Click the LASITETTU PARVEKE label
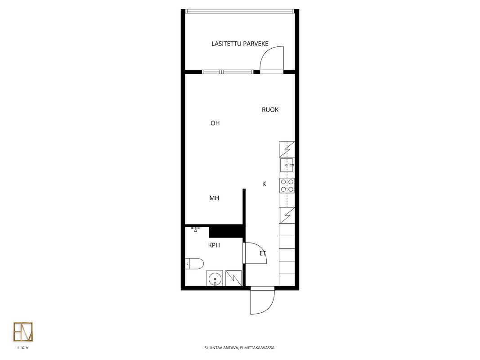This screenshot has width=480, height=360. [240, 44]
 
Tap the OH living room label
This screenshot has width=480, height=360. [215, 123]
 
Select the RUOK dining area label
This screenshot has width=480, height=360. [270, 110]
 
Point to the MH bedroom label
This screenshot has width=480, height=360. [214, 198]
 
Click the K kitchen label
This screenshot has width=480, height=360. [264, 184]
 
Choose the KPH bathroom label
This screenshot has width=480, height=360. [214, 245]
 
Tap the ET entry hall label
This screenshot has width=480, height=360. [263, 253]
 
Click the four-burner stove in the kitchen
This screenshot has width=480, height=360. [287, 185]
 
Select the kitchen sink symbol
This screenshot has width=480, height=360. [287, 165]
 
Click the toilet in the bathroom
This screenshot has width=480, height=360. [194, 264]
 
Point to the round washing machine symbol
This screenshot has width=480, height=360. [215, 278]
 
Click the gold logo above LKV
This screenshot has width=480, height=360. [23, 332]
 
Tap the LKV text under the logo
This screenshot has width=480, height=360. [23, 348]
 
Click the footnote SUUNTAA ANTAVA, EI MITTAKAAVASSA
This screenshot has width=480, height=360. [240, 348]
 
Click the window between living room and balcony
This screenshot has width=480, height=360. [228, 72]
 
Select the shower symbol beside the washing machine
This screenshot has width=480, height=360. [233, 278]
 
